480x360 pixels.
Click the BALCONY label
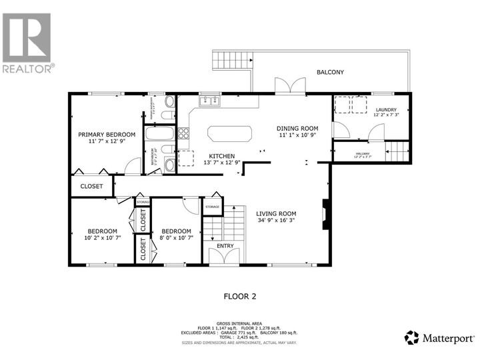tap(330, 72)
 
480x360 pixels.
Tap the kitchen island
tap(230, 133)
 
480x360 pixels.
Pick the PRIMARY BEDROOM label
tap(107, 135)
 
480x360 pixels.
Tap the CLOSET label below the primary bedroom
tap(92, 187)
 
